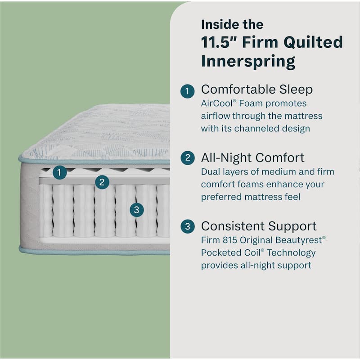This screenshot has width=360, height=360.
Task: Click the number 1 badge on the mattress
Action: (59, 172)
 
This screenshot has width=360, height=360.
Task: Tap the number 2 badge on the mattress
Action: (103, 182)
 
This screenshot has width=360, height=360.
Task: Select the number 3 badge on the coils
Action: (137, 209)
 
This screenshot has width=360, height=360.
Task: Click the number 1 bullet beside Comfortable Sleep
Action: (188, 91)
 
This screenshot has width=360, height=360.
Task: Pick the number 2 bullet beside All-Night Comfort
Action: (188, 158)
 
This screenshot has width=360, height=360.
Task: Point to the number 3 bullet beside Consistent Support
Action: (188, 226)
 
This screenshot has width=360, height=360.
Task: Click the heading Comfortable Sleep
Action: (256, 90)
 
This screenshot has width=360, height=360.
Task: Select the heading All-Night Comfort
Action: (252, 157)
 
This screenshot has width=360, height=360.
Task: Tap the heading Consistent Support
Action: (259, 225)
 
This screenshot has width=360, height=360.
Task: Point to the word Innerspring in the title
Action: (248, 61)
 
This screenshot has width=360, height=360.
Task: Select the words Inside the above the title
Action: (232, 23)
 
